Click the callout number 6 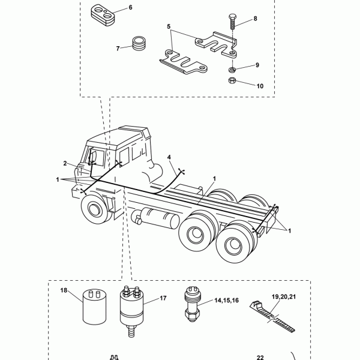[130, 8]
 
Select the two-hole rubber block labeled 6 [103, 15]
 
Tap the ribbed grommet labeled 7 [139, 43]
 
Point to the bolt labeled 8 [232, 22]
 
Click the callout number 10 [260, 86]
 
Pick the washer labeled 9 [232, 69]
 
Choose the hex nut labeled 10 [232, 80]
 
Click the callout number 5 [169, 26]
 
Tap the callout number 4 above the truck [169, 157]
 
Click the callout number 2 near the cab [65, 163]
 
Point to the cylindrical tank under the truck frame [155, 218]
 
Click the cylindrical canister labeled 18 [94, 307]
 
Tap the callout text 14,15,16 [227, 301]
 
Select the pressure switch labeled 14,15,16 [193, 304]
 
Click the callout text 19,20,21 [284, 297]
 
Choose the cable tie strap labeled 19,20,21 [272, 317]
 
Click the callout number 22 [260, 357]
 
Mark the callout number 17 [163, 298]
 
